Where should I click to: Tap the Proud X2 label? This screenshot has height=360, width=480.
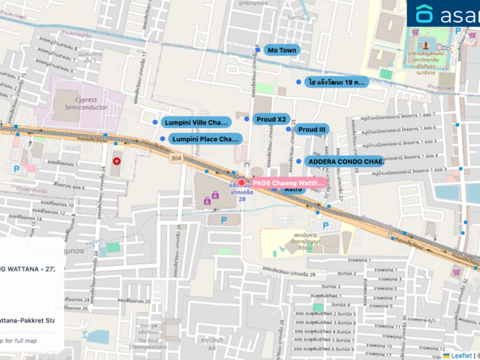click(271, 119)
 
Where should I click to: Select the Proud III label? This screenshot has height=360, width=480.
click(311, 129)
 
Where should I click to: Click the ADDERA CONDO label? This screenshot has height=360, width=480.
click(345, 161)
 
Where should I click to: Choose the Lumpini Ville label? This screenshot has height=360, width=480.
click(195, 122)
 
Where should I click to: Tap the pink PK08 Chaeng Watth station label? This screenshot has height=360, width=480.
click(288, 183)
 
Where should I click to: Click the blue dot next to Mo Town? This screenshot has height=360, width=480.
click(258, 50)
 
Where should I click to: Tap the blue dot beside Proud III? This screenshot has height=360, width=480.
click(288, 129)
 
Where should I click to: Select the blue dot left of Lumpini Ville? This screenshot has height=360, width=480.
click(156, 122)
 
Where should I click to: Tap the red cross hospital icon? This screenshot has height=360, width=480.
click(117, 161)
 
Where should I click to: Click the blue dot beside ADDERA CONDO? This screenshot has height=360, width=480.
click(301, 161)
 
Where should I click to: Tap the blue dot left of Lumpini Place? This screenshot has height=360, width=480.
click(162, 139)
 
